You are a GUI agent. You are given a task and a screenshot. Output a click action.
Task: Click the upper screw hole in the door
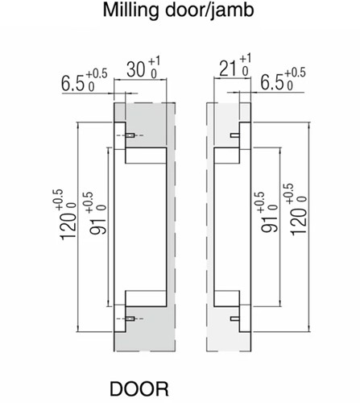coord(127,136)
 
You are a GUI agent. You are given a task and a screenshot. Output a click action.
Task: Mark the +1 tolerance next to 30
coord(157,62)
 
